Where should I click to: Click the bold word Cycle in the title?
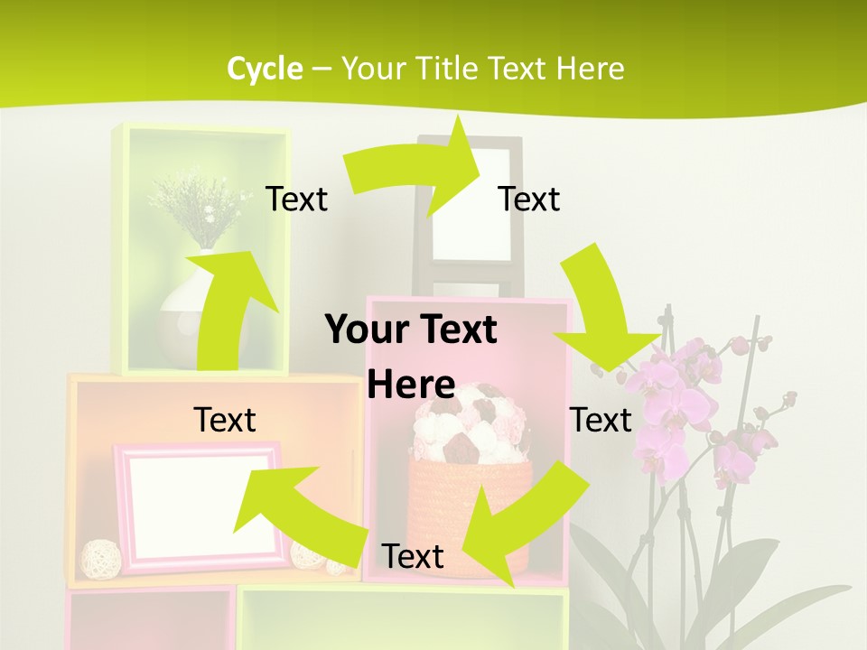[x=265, y=69]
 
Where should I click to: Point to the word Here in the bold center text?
[x=411, y=385]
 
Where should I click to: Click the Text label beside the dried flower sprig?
[x=296, y=199]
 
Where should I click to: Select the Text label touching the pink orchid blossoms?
[x=601, y=420]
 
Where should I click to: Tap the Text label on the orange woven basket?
[x=413, y=556]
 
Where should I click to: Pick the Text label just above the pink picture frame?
[x=225, y=420]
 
